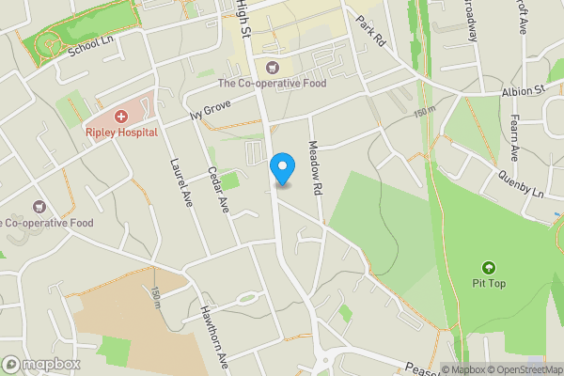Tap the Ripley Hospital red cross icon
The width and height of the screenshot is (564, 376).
pos(121,117)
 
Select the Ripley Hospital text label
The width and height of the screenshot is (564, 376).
pos(120,133)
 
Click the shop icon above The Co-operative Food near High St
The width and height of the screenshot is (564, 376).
pos(273,67)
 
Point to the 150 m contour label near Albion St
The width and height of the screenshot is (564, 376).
pos(425,111)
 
